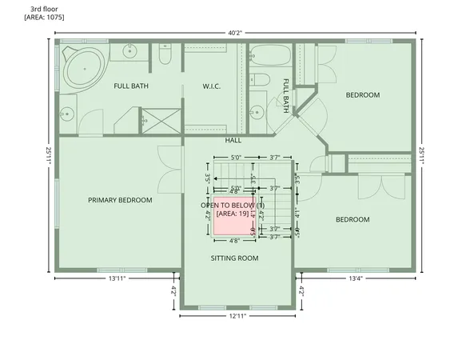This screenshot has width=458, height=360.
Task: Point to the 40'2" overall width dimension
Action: pos(234,33)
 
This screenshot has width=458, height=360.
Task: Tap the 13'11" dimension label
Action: pos(117,278)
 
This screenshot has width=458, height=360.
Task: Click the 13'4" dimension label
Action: pos(356,278)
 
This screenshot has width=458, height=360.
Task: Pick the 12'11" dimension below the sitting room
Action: pos(237,317)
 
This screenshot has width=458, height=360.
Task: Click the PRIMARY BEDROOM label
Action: pos(119,200)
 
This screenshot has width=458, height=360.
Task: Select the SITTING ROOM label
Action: pos(234,258)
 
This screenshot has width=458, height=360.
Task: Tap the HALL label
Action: pos(233,140)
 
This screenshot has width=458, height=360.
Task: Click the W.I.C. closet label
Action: pos(211,86)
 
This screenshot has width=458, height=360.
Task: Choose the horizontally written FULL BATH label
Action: pos(132,86)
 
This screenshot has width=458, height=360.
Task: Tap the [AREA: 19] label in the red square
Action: pos(234,214)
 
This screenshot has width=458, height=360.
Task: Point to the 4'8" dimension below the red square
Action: pos(234,241)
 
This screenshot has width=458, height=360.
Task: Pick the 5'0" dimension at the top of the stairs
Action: pos(235,158)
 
